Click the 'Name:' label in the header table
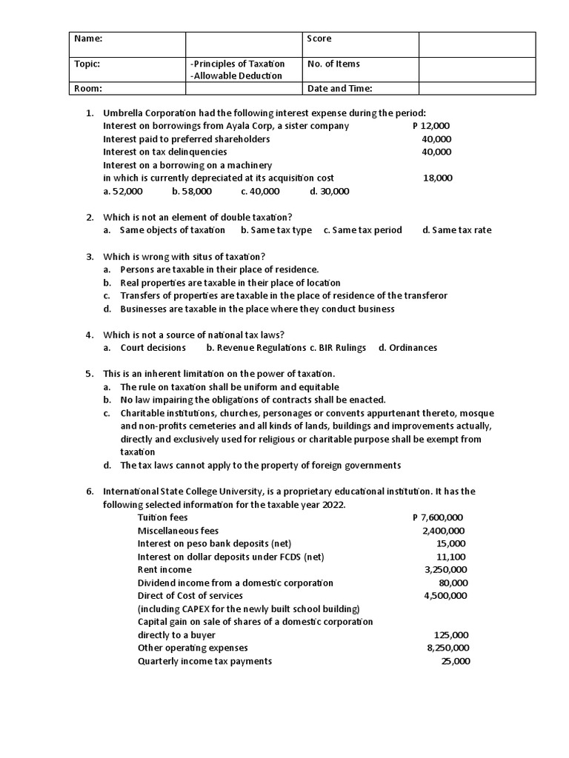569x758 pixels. click(88, 38)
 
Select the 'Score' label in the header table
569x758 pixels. click(319, 38)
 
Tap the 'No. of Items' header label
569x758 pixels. click(333, 64)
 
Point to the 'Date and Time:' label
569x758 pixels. click(339, 89)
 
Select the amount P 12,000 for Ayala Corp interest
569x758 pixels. click(430, 126)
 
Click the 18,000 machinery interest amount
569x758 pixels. click(437, 178)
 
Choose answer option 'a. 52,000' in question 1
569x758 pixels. click(123, 191)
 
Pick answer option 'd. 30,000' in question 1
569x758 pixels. click(330, 191)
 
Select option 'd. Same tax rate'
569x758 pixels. click(456, 230)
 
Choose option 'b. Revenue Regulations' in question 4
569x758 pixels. click(256, 347)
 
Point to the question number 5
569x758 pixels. click(89, 373)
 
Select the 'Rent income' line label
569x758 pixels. click(164, 569)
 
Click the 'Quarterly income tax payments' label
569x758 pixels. click(204, 661)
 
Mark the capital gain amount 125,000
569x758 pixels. click(450, 635)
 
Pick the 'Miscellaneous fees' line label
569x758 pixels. click(178, 531)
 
